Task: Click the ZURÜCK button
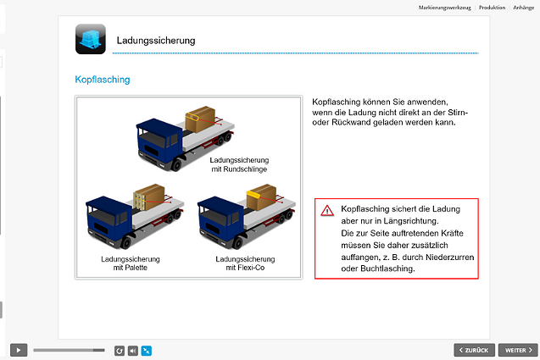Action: tap(473, 349)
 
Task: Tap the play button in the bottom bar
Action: tap(19, 349)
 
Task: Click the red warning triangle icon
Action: tap(326, 210)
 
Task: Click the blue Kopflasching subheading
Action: tap(102, 80)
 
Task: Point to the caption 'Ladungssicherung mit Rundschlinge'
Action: tap(239, 164)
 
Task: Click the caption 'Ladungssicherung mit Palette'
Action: tap(131, 263)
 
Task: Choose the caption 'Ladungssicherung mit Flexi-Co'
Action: tap(242, 263)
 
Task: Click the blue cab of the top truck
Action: tap(158, 136)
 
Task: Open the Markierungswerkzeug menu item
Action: tap(444, 7)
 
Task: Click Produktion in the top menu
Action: tap(492, 7)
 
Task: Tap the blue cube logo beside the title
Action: tap(89, 37)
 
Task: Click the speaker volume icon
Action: tap(132, 349)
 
